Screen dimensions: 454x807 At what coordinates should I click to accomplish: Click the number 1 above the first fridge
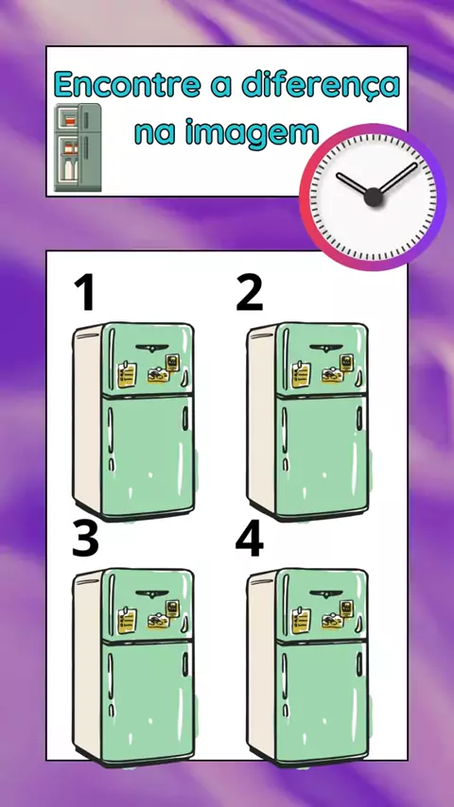(84, 292)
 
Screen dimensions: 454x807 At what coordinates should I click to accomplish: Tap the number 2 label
(250, 292)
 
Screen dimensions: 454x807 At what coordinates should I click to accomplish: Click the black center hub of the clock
(373, 197)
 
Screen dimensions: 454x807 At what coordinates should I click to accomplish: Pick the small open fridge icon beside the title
(78, 147)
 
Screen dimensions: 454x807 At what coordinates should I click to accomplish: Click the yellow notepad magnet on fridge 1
(128, 374)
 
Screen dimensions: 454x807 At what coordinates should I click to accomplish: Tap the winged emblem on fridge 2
(325, 348)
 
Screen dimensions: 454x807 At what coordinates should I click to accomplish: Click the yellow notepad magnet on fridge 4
(302, 621)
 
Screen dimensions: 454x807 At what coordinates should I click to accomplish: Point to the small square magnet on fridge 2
(346, 362)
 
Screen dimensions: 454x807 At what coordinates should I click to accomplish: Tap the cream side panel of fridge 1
(87, 417)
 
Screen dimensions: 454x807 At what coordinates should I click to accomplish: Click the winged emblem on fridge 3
(152, 594)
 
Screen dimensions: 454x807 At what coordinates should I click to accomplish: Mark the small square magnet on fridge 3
(171, 609)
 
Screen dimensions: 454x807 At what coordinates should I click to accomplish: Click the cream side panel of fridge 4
(261, 663)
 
